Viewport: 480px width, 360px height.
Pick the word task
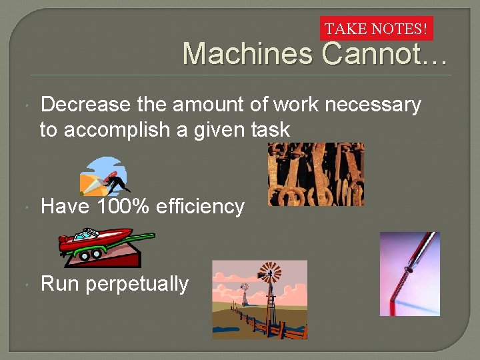tap(271, 129)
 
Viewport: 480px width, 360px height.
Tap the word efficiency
tap(200, 207)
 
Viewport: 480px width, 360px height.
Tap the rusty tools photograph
tap(315, 174)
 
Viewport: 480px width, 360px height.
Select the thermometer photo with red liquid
tap(409, 273)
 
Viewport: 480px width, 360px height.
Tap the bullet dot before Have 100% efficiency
tap(25, 207)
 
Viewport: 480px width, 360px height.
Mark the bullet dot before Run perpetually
tap(25, 285)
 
